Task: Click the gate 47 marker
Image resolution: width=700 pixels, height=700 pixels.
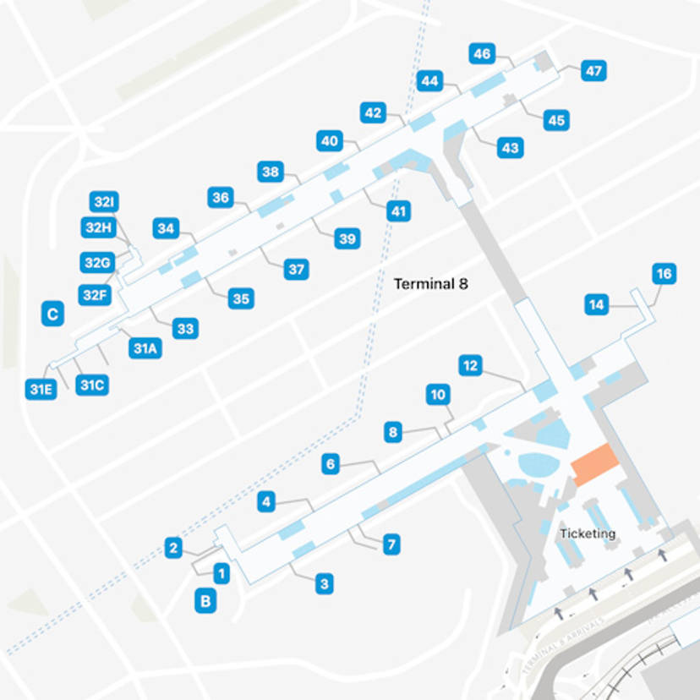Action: [x=593, y=71]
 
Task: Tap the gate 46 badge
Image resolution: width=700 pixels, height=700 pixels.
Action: [x=482, y=54]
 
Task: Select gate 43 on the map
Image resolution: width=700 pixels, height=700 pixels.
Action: [x=510, y=147]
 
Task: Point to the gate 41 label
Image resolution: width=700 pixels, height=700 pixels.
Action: [x=398, y=211]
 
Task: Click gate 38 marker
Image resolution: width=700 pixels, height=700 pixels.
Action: [x=270, y=172]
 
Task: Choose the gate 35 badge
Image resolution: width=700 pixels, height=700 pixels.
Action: [x=241, y=298]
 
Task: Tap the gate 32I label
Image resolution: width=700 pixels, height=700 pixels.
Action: [x=104, y=202]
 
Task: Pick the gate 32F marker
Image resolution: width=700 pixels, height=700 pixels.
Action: [x=95, y=295]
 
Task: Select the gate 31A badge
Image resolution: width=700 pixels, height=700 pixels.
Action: [x=145, y=348]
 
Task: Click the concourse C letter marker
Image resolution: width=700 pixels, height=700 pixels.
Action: [x=52, y=314]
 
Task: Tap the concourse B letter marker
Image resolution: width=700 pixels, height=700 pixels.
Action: [x=205, y=601]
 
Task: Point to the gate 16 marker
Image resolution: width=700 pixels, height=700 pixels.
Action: [x=664, y=274]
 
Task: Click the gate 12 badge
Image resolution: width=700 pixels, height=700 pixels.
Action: [x=471, y=366]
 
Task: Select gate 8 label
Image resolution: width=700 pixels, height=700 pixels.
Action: [x=392, y=433]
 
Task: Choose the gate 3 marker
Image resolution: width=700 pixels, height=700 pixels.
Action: [x=324, y=583]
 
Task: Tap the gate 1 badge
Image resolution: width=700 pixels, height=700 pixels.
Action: [x=221, y=574]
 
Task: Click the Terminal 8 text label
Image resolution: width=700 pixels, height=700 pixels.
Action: [x=431, y=284]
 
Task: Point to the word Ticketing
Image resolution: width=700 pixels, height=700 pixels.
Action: [x=588, y=533]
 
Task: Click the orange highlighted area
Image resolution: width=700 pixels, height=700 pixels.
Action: [x=595, y=464]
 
